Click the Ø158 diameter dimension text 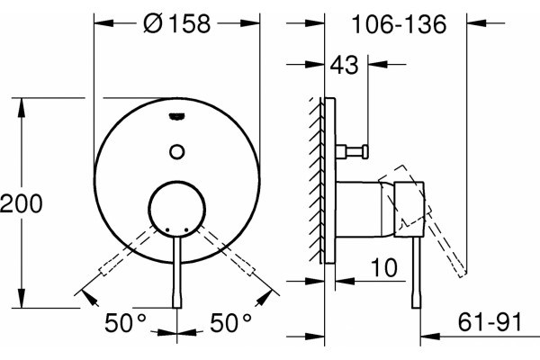177,23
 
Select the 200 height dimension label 22,203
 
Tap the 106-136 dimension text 399,24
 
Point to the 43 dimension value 344,65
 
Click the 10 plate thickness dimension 384,267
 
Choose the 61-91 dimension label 490,322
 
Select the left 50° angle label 125,323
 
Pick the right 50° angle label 230,323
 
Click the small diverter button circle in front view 177,151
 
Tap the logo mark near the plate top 177,117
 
